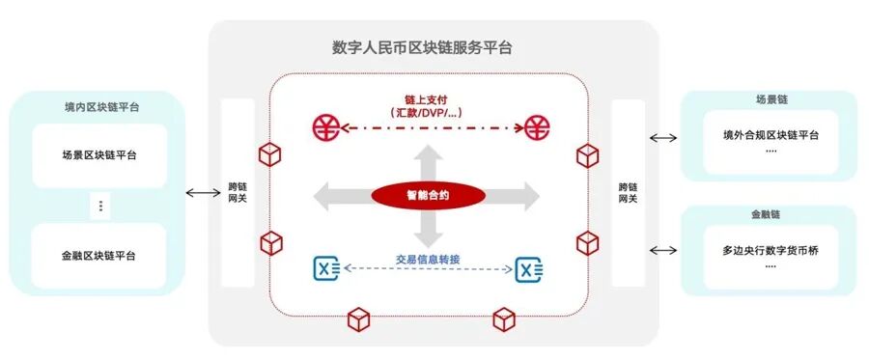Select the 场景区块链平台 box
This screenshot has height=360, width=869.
99,154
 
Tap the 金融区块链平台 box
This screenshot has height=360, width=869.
99,256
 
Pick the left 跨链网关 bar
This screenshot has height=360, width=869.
238,192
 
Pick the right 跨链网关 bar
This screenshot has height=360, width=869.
628,192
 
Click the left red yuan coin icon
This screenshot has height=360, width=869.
326,126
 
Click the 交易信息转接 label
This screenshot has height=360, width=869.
428,259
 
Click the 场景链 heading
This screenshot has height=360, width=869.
770,99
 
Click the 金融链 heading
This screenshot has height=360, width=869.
770,214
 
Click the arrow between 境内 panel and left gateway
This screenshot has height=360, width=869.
203,193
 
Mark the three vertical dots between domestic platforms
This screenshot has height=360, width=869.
100,206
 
